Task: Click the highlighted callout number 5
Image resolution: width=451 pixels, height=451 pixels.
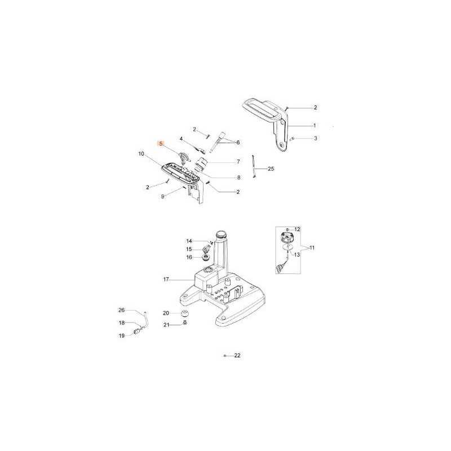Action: point(161,144)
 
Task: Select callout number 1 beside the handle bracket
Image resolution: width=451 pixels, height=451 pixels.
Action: point(315,125)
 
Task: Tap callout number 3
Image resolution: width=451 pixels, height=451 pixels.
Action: point(315,138)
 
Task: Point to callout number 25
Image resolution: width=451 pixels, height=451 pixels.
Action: point(271,169)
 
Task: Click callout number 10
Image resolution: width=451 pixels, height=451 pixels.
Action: point(141,153)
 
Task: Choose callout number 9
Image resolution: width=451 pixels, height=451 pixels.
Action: point(162,196)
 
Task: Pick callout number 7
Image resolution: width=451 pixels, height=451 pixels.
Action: point(238,162)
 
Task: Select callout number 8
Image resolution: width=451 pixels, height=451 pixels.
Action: point(238,178)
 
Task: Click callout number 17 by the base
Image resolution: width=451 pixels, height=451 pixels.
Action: point(166,279)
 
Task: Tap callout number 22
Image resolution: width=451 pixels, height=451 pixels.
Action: point(237,356)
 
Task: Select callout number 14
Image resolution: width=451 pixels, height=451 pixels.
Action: point(189,241)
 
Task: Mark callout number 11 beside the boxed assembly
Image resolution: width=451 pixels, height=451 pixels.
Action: point(312,247)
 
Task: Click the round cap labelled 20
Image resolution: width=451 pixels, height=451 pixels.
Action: point(184,313)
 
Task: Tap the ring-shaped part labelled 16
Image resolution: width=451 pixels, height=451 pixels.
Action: point(206,258)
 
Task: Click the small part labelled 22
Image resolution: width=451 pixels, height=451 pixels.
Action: point(225,356)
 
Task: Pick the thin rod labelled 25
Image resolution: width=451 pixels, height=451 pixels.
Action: point(255,167)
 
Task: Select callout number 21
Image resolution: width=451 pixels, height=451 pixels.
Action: point(166,325)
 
